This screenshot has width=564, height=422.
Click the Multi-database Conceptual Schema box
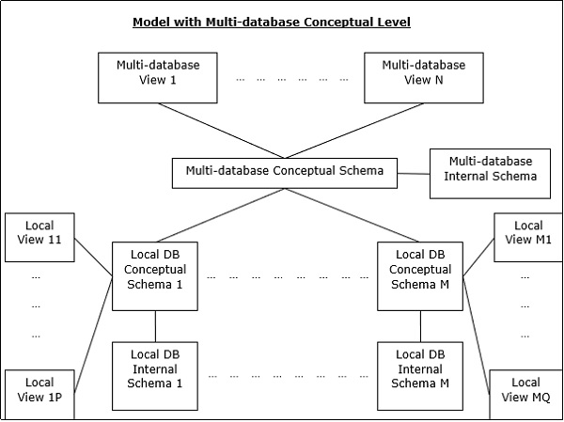coord(285,172)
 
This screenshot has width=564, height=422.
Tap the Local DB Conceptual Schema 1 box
coord(155,276)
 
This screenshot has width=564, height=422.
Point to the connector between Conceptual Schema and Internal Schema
coord(414,173)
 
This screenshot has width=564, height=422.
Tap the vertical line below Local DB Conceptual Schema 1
coord(155,326)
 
